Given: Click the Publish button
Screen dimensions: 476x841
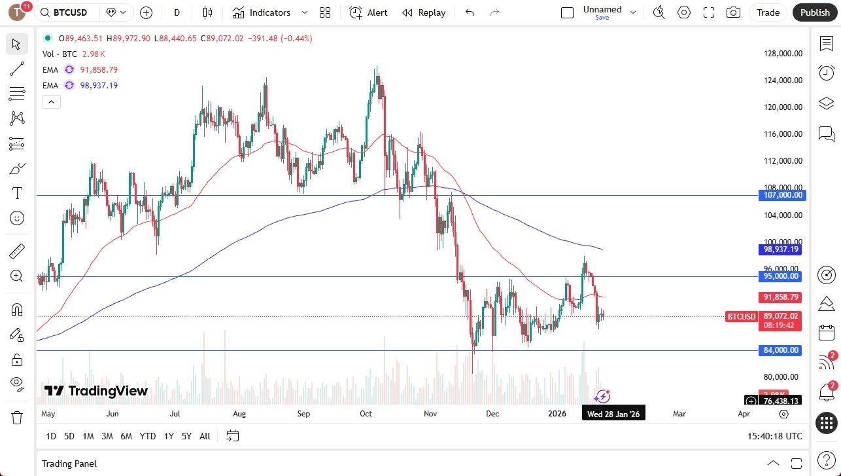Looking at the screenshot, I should pyautogui.click(x=814, y=12).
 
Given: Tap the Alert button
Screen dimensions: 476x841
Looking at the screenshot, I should pyautogui.click(x=368, y=12).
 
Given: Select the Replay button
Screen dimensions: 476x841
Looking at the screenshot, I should pyautogui.click(x=424, y=12).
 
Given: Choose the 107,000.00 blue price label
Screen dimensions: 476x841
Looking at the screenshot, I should pyautogui.click(x=781, y=195).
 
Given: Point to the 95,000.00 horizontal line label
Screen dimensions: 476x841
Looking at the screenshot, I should pyautogui.click(x=781, y=276).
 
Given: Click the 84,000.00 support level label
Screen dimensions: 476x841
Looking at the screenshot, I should pyautogui.click(x=781, y=350).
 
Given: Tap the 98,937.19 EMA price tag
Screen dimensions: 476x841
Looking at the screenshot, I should pyautogui.click(x=781, y=249).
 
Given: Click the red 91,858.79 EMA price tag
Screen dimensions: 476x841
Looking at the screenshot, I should pyautogui.click(x=781, y=297).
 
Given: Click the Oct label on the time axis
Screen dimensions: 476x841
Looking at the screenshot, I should pyautogui.click(x=366, y=414).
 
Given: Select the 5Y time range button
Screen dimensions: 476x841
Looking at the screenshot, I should pyautogui.click(x=186, y=436).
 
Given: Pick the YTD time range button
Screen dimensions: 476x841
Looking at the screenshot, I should pyautogui.click(x=148, y=436).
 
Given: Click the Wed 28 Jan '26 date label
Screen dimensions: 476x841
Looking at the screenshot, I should pyautogui.click(x=613, y=414).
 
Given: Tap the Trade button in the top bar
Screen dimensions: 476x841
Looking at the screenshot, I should pyautogui.click(x=768, y=12).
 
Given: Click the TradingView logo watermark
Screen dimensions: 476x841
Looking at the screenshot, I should pyautogui.click(x=96, y=391).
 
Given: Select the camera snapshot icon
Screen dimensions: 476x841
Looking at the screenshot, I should pyautogui.click(x=734, y=12).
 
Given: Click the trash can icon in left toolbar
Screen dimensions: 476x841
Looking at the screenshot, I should pyautogui.click(x=17, y=417).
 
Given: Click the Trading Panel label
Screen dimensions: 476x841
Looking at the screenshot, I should pyautogui.click(x=69, y=464).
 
